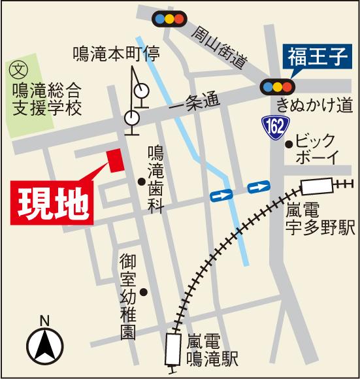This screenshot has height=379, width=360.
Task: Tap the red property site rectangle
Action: click(116, 161)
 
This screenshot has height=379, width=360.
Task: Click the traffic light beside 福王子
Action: click(277, 86)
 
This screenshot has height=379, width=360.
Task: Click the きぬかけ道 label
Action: click(314, 105)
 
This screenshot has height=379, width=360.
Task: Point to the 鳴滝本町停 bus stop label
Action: click(116, 53)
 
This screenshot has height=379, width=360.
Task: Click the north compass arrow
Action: click(44, 343)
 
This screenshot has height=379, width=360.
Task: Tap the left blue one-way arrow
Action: click(221, 194)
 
